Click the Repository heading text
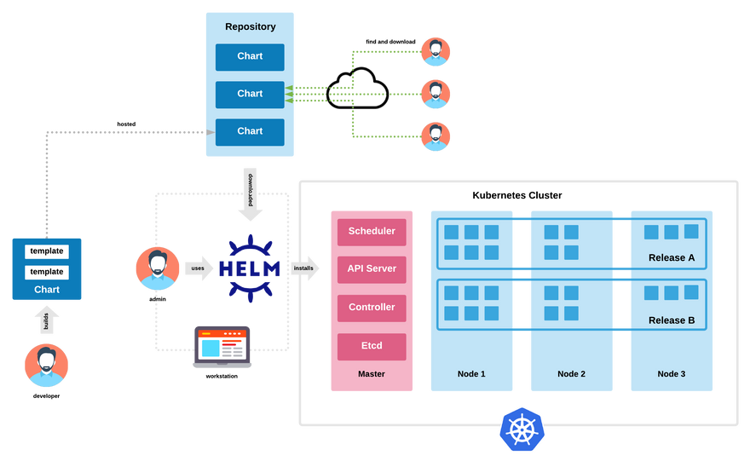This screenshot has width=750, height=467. click(250, 26)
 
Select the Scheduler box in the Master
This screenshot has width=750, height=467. click(372, 231)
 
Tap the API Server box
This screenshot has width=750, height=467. click(372, 268)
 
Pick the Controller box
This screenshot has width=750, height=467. click(372, 307)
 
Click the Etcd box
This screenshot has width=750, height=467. click(372, 345)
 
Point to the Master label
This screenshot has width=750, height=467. click(372, 374)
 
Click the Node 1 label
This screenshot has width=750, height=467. click(471, 374)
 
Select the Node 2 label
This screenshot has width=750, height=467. click(571, 374)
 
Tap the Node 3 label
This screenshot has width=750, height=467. click(672, 374)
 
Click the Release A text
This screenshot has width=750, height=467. click(672, 257)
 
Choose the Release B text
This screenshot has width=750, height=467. click(672, 320)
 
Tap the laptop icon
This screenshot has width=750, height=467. click(222, 346)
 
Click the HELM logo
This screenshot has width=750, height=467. click(250, 268)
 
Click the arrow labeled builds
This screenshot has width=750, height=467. click(47, 320)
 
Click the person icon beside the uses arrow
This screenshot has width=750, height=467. click(158, 268)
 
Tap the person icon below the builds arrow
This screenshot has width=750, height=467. click(47, 366)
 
